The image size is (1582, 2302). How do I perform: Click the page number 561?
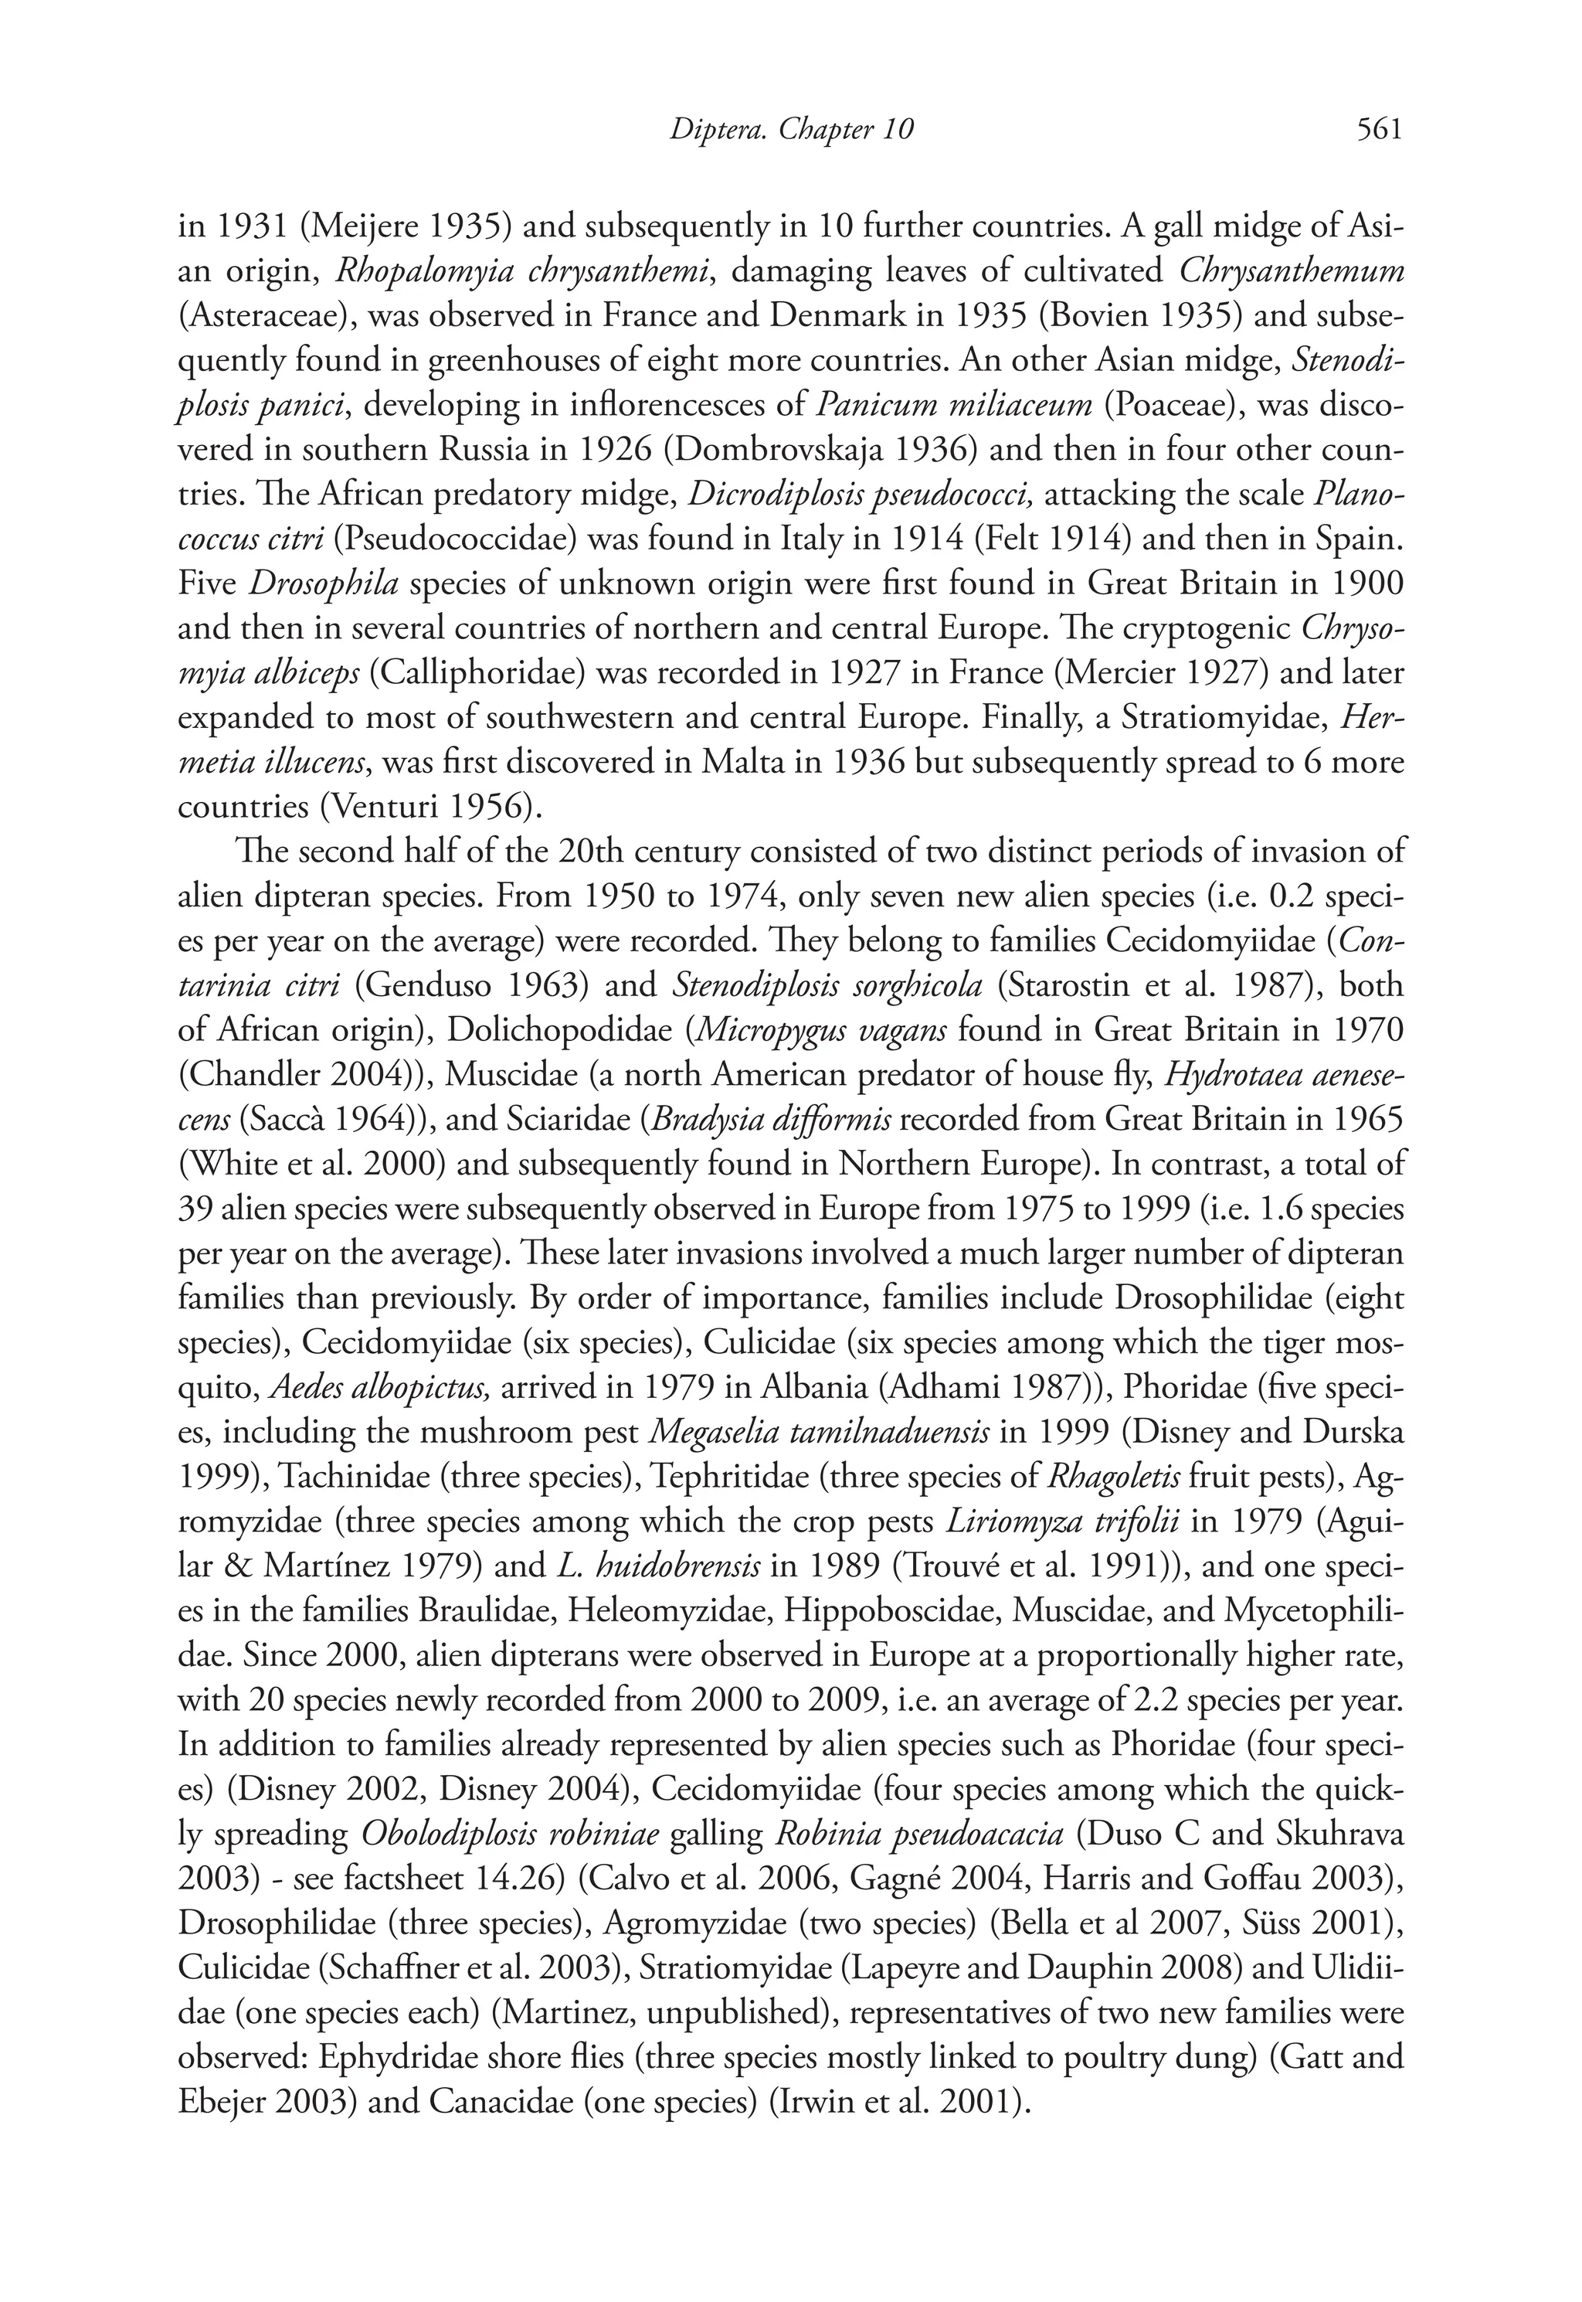1379,130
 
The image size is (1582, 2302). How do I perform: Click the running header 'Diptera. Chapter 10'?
790,130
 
